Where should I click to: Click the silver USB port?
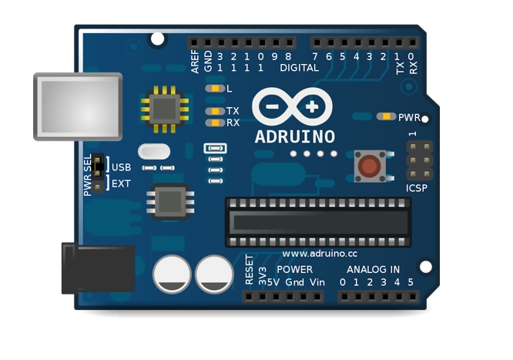click(x=77, y=106)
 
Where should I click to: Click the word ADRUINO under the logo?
click(x=295, y=137)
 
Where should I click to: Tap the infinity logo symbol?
click(x=294, y=106)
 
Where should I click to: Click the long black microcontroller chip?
click(x=317, y=221)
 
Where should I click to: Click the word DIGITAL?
click(x=299, y=68)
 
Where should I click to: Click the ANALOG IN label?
click(x=373, y=270)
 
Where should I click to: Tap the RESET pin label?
click(x=249, y=270)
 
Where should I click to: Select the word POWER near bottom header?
click(x=294, y=270)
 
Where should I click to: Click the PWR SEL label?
click(x=88, y=175)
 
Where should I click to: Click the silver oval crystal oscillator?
click(x=154, y=152)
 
